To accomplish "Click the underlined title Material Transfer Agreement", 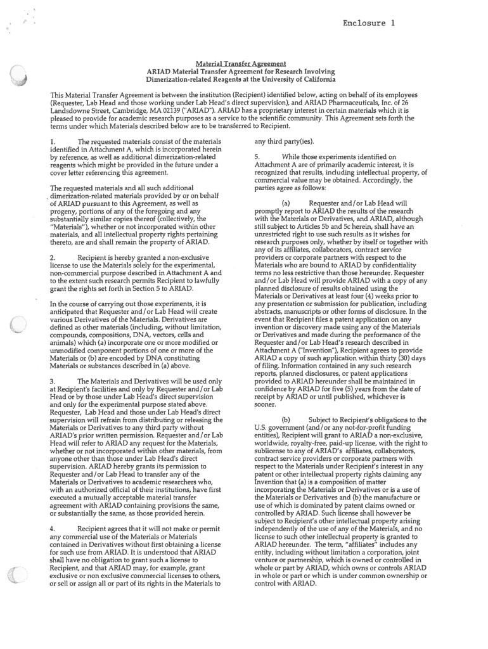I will tap(241, 63).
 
